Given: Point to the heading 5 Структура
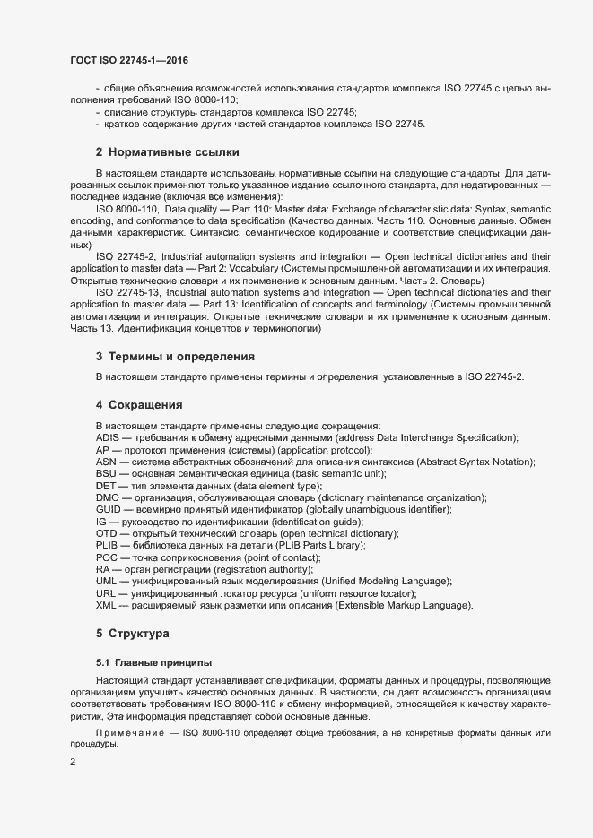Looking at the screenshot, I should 133,634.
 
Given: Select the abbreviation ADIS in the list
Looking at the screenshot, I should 108,437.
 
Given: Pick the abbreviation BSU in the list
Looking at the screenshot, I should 106,473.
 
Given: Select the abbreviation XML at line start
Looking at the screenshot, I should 106,606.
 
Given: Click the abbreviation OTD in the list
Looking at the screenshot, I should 106,533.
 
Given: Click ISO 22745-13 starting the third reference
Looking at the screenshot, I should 126,292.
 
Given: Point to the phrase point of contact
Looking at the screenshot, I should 271,557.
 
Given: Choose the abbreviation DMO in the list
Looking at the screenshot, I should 107,497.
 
